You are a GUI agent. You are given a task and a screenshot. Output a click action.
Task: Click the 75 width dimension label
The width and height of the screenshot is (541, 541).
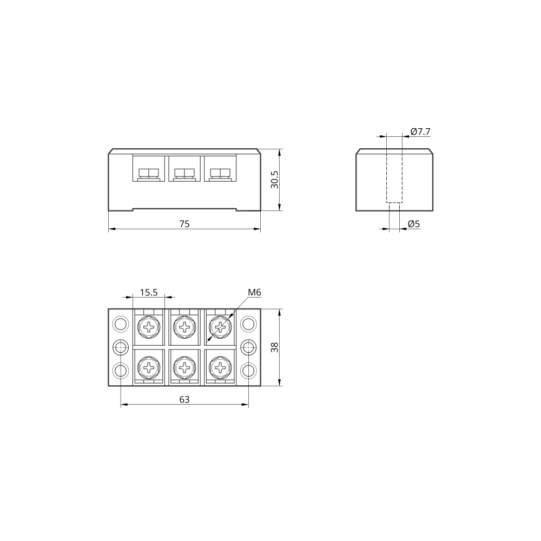coord(184,224)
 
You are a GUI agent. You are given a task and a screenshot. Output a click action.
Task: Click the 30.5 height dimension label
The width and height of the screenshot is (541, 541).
coord(274,179)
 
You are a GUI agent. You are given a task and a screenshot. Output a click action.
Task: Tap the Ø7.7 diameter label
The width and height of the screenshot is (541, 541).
coord(420,131)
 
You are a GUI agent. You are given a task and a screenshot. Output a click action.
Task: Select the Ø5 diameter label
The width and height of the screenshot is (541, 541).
coord(414,224)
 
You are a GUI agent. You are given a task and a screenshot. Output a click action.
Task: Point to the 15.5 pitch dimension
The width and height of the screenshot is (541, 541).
coord(148,293)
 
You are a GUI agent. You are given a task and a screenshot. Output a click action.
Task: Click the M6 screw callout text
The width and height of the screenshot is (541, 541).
coord(254,293)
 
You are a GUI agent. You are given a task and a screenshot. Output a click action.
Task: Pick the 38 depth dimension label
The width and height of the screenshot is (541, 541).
coord(274,347)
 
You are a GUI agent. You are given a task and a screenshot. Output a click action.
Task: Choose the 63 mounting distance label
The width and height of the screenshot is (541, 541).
coord(184,400)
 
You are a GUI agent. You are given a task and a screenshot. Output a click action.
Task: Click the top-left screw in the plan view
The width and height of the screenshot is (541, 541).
coord(149,326)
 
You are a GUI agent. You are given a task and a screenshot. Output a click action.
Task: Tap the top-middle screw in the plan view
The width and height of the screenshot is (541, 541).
coord(184,326)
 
